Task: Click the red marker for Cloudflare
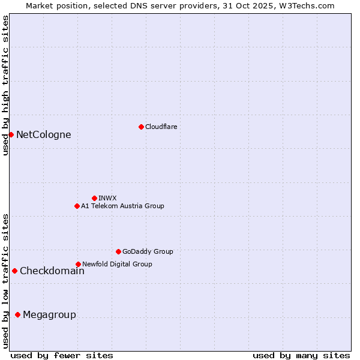coord(141,127)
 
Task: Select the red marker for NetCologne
coord(11,134)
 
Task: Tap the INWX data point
coord(94,198)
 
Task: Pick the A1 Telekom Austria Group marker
coord(77,206)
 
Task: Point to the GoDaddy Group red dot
coord(118,251)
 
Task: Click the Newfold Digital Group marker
coord(78,264)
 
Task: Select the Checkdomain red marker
coord(14,271)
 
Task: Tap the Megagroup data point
coord(17,314)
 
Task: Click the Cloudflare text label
coord(161,127)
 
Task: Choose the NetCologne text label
coord(44,134)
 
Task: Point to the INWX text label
coord(107,198)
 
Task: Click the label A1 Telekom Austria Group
coord(122,206)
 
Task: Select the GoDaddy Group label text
coord(148,251)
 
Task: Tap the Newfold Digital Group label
coord(117,264)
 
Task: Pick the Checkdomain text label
coord(52,271)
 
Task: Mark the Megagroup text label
coord(49,314)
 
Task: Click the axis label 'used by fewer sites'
coord(62,355)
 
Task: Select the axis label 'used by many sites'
coord(301,355)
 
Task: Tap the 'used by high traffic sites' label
coord(5,85)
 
